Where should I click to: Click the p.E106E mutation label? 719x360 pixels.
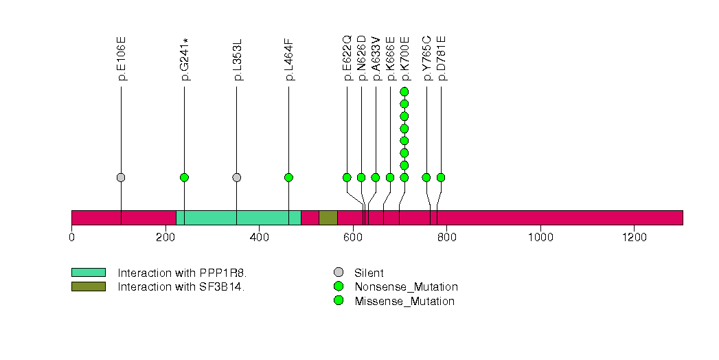[x=122, y=58]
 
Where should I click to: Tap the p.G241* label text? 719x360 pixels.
[x=185, y=58]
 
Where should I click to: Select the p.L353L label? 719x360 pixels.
[x=238, y=58]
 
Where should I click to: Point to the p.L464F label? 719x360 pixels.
[x=289, y=58]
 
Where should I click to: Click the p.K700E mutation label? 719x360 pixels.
[x=405, y=58]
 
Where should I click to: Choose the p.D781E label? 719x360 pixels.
[x=442, y=58]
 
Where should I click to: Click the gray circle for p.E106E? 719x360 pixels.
[x=121, y=177]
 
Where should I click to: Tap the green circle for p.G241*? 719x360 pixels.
[x=184, y=177]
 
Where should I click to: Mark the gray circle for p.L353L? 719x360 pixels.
[x=237, y=177]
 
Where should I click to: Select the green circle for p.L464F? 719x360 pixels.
[x=288, y=177]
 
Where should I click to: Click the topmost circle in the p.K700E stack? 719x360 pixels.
[x=404, y=91]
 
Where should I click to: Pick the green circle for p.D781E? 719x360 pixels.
[x=441, y=177]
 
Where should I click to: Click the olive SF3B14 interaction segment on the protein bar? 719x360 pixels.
[x=328, y=218]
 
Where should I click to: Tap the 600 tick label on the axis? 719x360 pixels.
[x=353, y=238]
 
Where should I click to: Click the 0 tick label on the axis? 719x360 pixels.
[x=71, y=238]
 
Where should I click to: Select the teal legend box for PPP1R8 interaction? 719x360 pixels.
[x=88, y=273]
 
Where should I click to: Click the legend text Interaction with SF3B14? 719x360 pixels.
[x=181, y=286]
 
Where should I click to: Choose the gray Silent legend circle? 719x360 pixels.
[x=339, y=273]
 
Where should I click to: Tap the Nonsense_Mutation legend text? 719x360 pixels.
[x=406, y=286]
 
